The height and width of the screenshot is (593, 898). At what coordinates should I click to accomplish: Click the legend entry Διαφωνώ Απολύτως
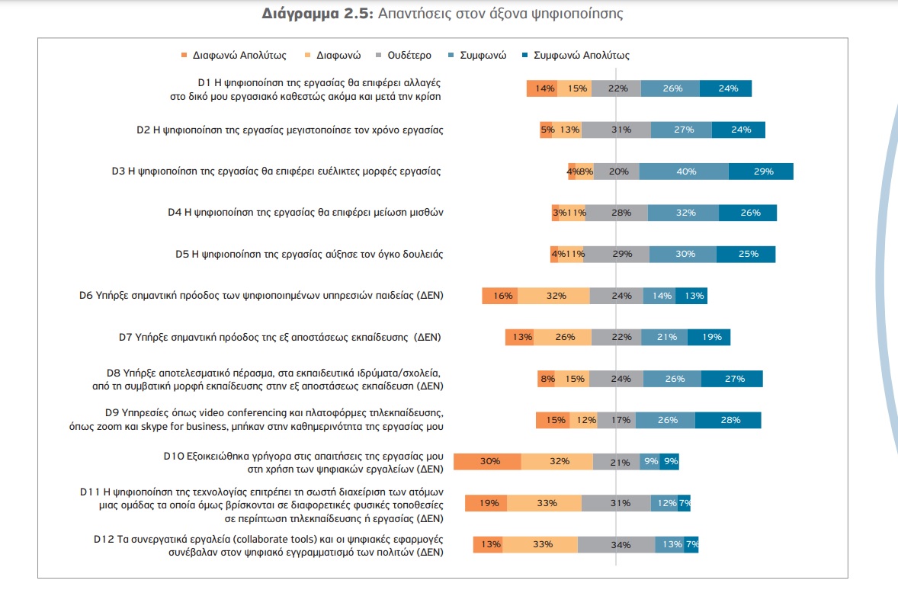tap(234, 56)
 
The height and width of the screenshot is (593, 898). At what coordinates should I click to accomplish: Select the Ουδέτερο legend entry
tap(403, 56)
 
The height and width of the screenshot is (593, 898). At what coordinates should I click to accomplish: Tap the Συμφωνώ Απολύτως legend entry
tap(576, 56)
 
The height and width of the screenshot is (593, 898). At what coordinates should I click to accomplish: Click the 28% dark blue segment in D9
tap(728, 420)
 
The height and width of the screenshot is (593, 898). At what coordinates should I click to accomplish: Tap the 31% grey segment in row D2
tap(616, 130)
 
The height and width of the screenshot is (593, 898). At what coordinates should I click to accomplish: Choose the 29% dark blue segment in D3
tap(761, 171)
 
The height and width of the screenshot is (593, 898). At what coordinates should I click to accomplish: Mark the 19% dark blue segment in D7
tap(709, 337)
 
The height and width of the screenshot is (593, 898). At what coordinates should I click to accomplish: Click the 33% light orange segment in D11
tap(544, 503)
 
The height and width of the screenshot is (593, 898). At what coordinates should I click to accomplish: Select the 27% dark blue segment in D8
tap(732, 378)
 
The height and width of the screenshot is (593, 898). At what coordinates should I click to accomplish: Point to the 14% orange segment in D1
tap(542, 88)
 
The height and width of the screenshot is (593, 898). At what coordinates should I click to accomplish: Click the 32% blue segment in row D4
tap(683, 213)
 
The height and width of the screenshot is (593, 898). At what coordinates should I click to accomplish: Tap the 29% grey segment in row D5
tap(617, 254)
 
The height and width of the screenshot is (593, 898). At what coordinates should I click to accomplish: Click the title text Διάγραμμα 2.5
tap(317, 13)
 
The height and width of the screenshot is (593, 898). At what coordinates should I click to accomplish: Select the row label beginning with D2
tap(290, 130)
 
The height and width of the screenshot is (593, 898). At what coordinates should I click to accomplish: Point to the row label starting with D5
tap(309, 254)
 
